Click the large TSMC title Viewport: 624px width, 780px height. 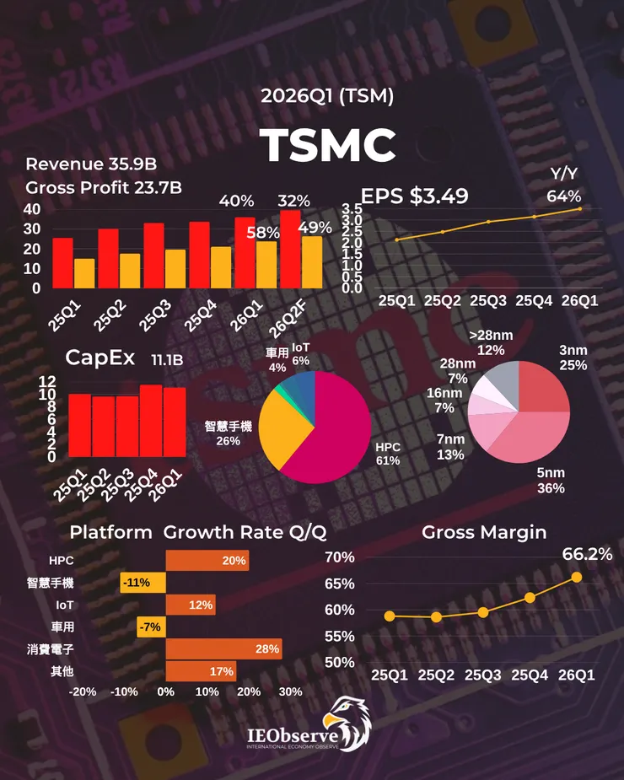[x=327, y=146]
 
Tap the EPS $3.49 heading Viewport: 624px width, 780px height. [x=415, y=196]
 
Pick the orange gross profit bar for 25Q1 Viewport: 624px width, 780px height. [x=84, y=273]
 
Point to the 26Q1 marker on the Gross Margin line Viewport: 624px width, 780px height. [x=577, y=577]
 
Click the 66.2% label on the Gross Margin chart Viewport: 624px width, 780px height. [x=587, y=554]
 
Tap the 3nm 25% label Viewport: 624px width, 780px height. [x=574, y=356]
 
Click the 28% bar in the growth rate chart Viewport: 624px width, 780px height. [x=223, y=648]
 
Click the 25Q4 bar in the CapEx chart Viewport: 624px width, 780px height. [x=151, y=420]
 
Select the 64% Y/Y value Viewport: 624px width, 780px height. [x=563, y=196]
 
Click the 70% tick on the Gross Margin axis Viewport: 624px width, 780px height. [x=340, y=557]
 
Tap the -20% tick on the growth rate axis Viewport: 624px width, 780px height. [x=83, y=691]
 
